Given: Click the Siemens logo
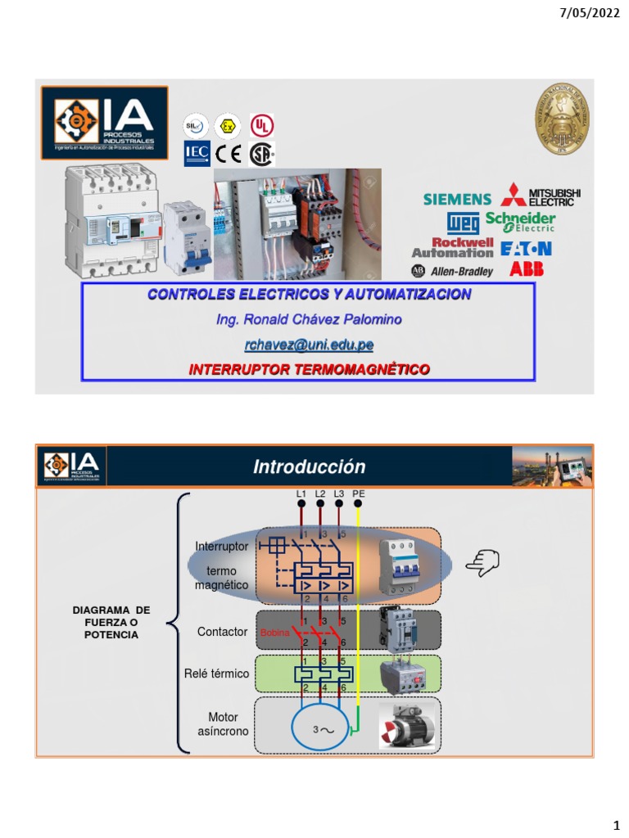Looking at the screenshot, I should coord(457,199).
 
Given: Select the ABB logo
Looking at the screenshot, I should coord(527,269).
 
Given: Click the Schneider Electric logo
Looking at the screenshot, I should coord(520,222).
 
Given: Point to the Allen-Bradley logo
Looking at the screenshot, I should coord(452,271).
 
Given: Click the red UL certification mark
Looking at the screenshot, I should coord(262,126).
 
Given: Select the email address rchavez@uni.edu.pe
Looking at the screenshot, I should coord(308,345).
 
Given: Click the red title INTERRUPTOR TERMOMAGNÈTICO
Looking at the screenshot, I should coord(309,370).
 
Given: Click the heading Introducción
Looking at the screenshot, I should coord(309,466).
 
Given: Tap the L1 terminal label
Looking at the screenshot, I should coord(301,493).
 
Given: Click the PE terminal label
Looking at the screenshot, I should coord(358,493).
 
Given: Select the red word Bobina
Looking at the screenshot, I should coord(274,633).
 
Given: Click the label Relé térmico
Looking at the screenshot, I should coord(216,674).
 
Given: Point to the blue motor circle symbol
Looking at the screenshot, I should coord(316,726).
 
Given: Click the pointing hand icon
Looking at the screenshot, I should coord(482,562).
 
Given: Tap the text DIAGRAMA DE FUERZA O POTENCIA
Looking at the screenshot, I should coord(111,623).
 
